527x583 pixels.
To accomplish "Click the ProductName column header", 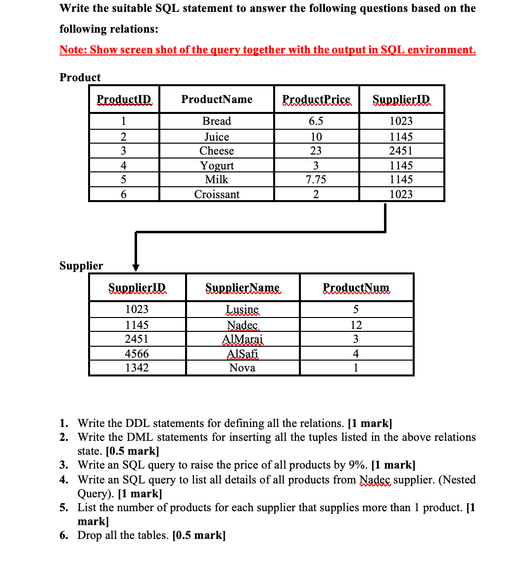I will click(x=217, y=99).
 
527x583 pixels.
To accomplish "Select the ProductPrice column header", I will click(x=316, y=99).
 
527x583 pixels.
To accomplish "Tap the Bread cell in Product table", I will click(x=217, y=121).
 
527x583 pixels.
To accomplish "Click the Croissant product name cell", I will click(x=217, y=194).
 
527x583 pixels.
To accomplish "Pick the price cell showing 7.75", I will click(x=316, y=179).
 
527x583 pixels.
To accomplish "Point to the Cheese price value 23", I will click(x=316, y=151).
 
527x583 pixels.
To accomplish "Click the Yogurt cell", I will click(x=217, y=165).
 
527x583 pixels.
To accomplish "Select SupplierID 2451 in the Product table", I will click(x=401, y=151).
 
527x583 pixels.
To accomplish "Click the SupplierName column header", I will click(x=242, y=287).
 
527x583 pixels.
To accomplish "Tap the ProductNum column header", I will click(x=356, y=287).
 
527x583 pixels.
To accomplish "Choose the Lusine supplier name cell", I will click(x=242, y=309).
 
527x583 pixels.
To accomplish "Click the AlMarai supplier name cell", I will click(x=242, y=339).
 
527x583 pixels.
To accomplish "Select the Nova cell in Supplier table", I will click(x=242, y=368).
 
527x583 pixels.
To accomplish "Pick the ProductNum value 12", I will click(x=356, y=325).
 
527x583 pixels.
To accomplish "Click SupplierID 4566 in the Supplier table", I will click(x=137, y=354).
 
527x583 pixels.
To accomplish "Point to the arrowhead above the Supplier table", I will click(x=136, y=267).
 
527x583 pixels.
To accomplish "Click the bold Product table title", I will click(x=80, y=77).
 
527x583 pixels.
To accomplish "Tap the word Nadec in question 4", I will click(x=375, y=479).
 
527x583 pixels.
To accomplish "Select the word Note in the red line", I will click(x=72, y=50).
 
